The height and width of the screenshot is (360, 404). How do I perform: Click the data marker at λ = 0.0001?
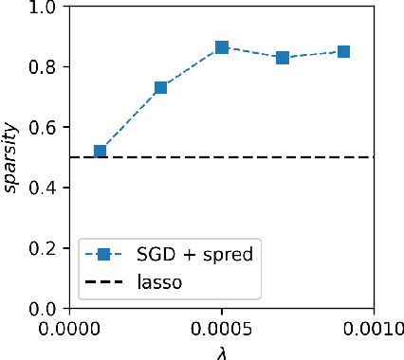[101, 152]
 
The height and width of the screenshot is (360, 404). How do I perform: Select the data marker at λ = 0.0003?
[161, 87]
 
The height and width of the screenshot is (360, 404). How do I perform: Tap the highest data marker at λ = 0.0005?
[222, 47]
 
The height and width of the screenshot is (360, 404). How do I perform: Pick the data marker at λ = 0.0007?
[283, 58]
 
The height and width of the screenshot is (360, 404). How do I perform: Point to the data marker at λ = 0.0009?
[343, 51]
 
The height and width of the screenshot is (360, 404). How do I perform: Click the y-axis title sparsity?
[11, 158]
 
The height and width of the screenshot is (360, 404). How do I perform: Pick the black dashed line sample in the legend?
[105, 281]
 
